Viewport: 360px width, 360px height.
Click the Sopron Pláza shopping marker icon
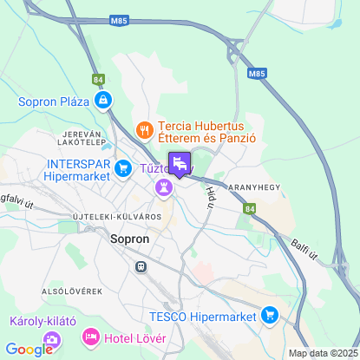pyautogui.click(x=103, y=101)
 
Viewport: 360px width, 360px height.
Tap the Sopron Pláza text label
pyautogui.click(x=54, y=101)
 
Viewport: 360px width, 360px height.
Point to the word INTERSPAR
pyautogui.click(x=78, y=161)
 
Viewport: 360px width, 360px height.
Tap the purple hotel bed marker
pyautogui.click(x=180, y=162)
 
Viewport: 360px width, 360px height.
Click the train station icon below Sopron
pyautogui.click(x=139, y=267)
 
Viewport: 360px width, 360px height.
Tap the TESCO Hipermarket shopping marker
pyautogui.click(x=271, y=314)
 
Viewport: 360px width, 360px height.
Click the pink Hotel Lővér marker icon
pyautogui.click(x=88, y=336)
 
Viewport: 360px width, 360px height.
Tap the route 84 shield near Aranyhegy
pyautogui.click(x=250, y=209)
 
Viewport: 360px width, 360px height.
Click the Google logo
pyautogui.click(x=29, y=350)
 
